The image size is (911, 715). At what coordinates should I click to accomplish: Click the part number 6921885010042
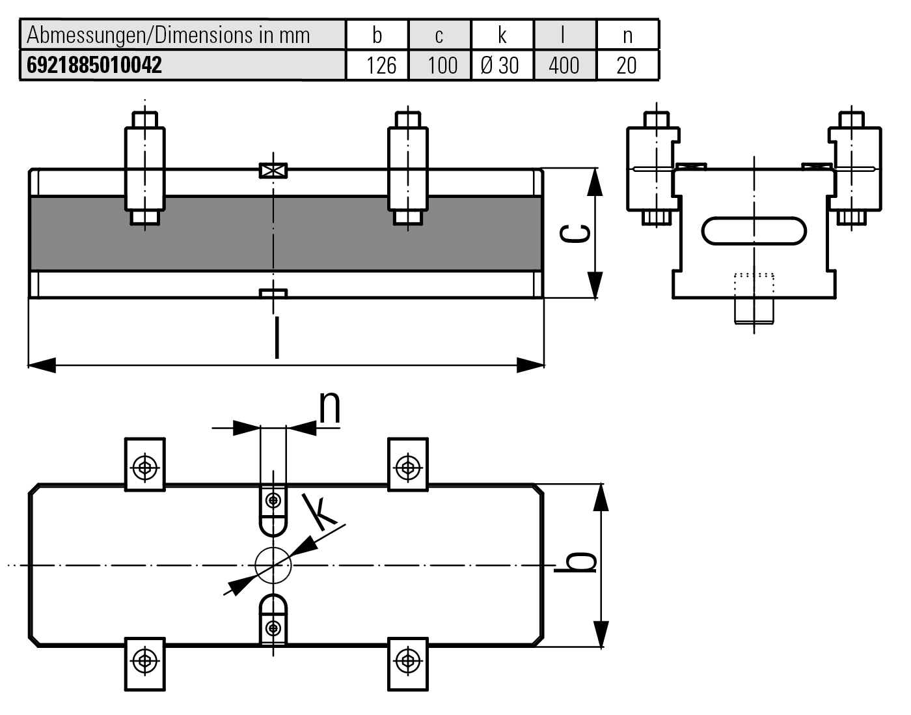point(94,66)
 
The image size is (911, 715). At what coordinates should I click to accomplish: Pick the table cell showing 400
point(564,66)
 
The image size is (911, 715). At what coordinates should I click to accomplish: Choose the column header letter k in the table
point(502,35)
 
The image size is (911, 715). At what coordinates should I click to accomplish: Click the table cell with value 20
point(626,66)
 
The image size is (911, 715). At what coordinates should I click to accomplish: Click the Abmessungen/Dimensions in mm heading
point(168,35)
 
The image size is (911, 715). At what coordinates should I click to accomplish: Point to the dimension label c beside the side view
point(577,232)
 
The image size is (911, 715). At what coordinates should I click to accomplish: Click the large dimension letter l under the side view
point(277,337)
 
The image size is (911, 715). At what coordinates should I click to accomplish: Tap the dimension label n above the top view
point(330,408)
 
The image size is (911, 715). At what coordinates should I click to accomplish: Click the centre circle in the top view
point(273,565)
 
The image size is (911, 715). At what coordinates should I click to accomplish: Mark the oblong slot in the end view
point(754,231)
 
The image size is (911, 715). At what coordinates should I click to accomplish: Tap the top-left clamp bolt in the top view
point(144,466)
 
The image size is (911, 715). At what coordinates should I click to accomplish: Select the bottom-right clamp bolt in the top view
point(407,660)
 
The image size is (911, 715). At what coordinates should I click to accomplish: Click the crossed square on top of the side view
point(273,171)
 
